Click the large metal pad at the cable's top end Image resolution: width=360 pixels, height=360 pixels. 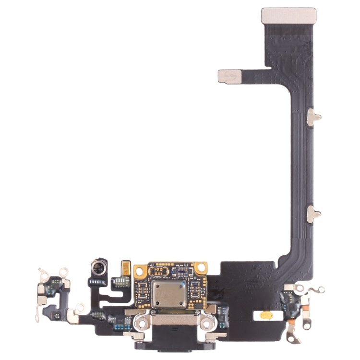coord(288,15)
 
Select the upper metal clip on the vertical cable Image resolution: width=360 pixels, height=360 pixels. coord(313,117)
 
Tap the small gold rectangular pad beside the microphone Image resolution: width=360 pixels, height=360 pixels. coord(126,268)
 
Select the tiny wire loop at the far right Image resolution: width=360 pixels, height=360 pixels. coord(318,289)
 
